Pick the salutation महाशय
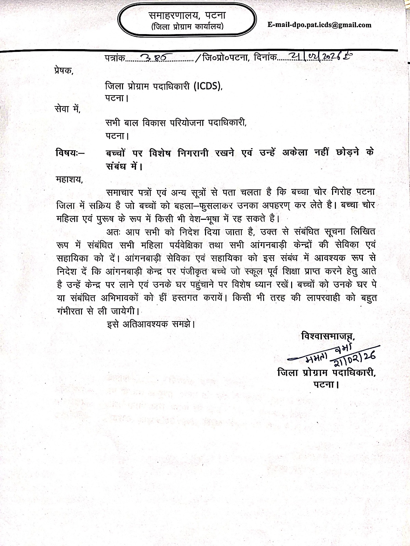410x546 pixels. (69, 179)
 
